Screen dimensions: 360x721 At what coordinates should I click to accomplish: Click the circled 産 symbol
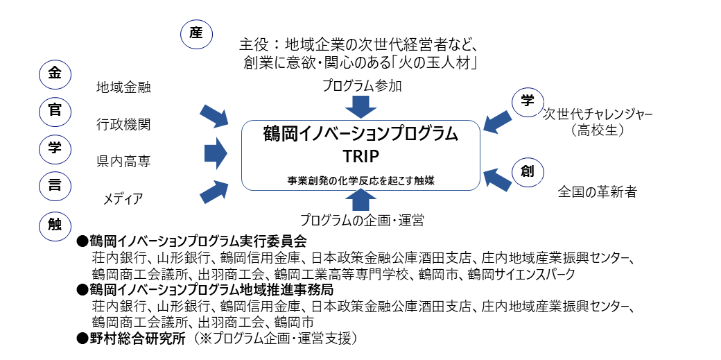click(196, 33)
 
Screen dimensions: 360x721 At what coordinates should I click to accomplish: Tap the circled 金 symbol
click(55, 75)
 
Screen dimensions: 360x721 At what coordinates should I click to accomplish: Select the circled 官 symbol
click(55, 112)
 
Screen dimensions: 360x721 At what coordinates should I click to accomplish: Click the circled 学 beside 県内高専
click(55, 148)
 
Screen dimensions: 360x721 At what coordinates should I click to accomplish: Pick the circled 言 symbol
click(55, 185)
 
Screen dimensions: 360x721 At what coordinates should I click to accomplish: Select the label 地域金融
click(123, 88)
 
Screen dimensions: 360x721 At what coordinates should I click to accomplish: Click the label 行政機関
click(123, 125)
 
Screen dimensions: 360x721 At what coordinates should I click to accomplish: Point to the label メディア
click(123, 199)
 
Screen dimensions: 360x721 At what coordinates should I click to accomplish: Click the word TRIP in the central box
click(360, 155)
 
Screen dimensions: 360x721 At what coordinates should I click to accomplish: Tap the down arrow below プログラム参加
click(360, 106)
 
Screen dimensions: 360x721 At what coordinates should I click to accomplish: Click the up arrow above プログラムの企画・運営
click(360, 200)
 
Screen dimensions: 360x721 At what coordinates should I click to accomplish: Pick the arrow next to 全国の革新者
click(498, 179)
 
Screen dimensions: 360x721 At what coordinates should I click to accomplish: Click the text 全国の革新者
click(597, 192)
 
